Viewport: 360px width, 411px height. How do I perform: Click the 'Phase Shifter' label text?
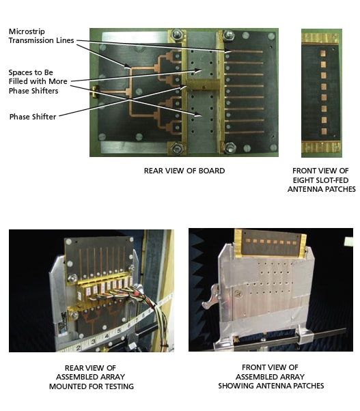point(33,117)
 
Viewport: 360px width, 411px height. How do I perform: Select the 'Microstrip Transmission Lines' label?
point(41,36)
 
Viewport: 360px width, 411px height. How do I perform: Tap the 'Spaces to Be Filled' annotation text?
point(38,81)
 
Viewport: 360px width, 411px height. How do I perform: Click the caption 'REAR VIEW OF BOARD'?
point(184,171)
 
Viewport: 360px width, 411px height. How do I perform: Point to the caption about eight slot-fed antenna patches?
point(322,180)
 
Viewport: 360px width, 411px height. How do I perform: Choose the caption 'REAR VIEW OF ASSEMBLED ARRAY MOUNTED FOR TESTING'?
point(92,377)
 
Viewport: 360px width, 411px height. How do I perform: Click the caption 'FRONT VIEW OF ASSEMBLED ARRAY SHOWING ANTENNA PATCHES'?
point(271,376)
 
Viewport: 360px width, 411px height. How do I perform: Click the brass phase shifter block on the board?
point(202,85)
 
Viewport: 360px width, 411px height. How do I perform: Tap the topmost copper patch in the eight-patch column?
point(323,53)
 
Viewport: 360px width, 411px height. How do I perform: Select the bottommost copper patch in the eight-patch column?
point(324,131)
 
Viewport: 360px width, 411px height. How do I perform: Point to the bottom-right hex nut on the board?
point(230,147)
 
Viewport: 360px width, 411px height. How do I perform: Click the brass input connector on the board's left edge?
point(94,91)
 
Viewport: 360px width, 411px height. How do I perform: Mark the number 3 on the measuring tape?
point(94,342)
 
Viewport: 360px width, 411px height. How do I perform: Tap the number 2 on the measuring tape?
point(79,348)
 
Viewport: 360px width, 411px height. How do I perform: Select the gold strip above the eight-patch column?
point(320,38)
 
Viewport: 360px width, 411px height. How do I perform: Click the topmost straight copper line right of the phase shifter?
point(243,52)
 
